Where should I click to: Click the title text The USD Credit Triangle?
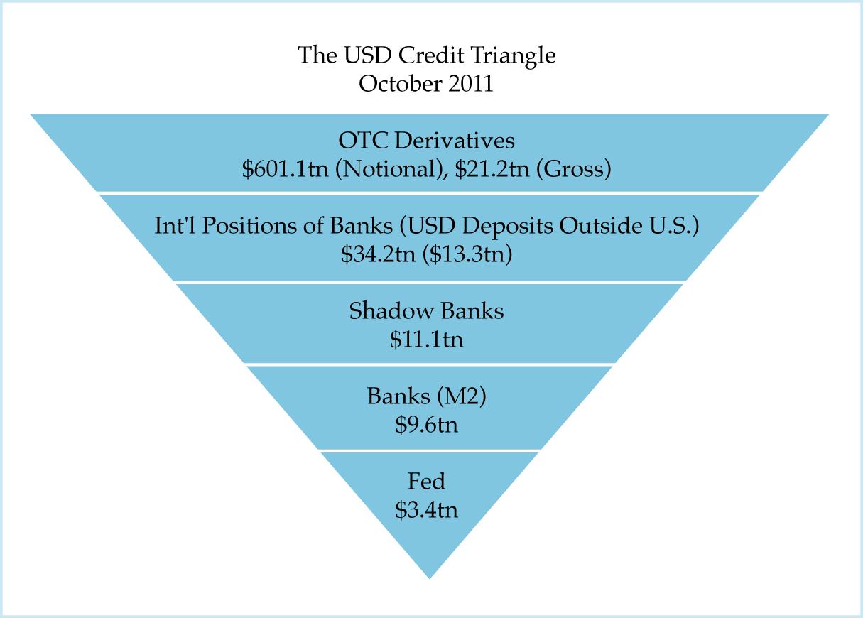click(x=426, y=55)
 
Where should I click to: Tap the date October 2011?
click(x=426, y=83)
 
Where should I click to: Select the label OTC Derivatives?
click(x=427, y=141)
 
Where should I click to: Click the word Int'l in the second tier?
click(x=170, y=226)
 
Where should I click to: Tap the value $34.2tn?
click(x=377, y=254)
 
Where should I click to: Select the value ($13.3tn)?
click(x=467, y=254)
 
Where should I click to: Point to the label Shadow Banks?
click(x=426, y=311)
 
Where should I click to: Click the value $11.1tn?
click(x=426, y=340)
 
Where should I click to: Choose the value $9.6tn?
click(x=426, y=425)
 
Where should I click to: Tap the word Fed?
click(x=426, y=482)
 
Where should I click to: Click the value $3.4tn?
click(x=426, y=510)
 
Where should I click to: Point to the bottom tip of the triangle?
click(x=430, y=576)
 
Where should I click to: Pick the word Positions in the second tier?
click(x=234, y=226)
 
